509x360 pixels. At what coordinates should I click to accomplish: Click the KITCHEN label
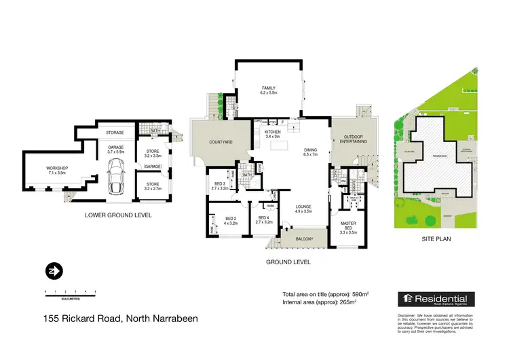point(273,132)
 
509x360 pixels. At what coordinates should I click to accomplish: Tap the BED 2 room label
point(229,219)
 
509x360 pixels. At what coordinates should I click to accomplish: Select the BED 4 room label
point(263,219)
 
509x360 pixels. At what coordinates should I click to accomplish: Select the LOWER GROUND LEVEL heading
point(117,215)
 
